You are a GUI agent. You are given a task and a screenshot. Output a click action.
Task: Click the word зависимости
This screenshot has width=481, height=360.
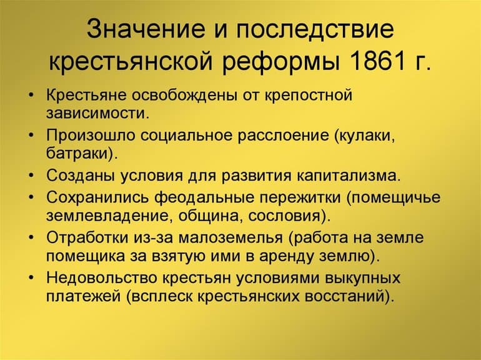(97, 113)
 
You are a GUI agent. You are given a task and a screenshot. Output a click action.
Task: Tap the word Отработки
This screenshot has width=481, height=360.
(87, 238)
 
